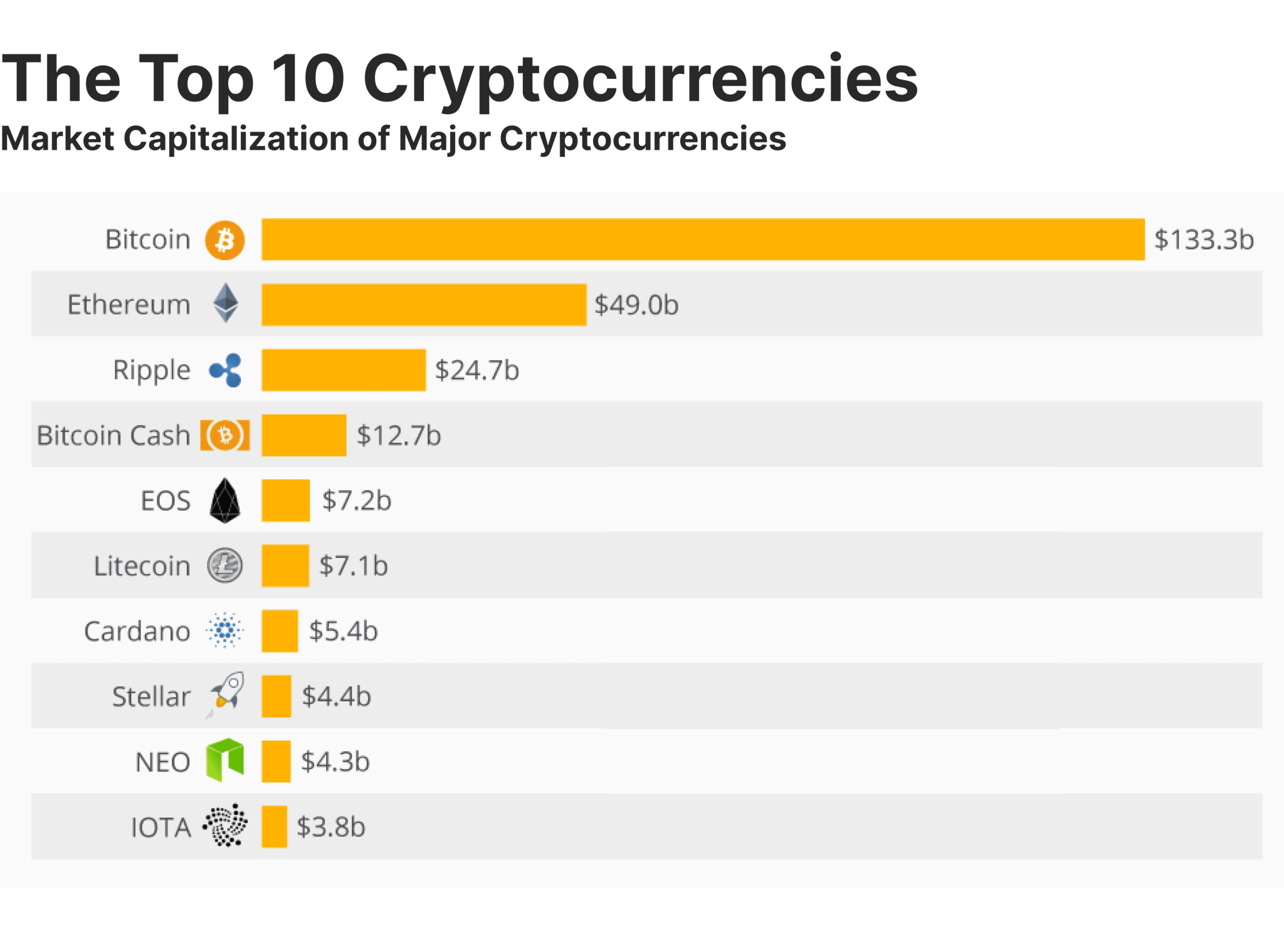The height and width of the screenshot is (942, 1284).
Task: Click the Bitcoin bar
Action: click(702, 239)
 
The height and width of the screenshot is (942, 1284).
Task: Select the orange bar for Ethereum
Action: click(424, 305)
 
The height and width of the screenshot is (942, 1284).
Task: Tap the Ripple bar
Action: click(344, 370)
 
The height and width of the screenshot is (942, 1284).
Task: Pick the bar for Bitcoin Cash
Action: click(304, 435)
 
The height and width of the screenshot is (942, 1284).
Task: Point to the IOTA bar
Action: click(275, 827)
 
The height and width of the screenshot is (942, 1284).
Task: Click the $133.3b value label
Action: click(1204, 239)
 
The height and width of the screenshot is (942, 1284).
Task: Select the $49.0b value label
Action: click(636, 305)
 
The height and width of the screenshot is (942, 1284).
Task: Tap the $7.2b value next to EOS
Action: click(357, 501)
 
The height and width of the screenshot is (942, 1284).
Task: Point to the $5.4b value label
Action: click(344, 631)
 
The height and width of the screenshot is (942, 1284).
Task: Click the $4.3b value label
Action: click(335, 761)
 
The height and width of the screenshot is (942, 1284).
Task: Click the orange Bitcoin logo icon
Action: click(225, 240)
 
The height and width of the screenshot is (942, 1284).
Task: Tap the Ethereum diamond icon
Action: click(226, 303)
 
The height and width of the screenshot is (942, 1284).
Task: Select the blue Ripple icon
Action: click(226, 370)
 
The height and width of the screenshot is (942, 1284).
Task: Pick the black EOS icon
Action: click(225, 501)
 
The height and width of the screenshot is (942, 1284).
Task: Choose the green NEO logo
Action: click(225, 760)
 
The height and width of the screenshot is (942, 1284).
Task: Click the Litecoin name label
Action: click(142, 566)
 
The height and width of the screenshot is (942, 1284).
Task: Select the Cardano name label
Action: click(137, 631)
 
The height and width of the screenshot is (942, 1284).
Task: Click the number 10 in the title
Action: click(308, 79)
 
